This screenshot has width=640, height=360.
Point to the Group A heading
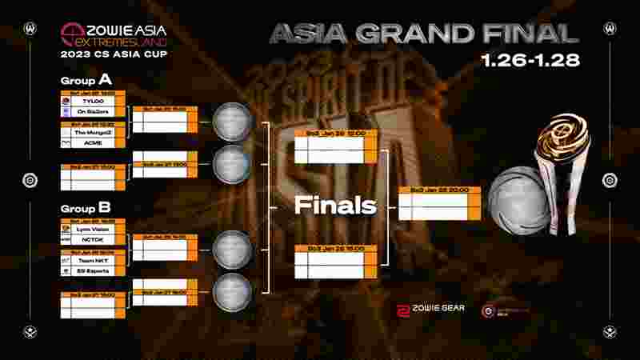pos(86,81)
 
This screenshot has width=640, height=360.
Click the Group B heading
pos(86,208)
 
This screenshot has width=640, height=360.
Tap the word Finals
pos(334,206)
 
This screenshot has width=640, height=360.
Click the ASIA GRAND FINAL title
pos(423,33)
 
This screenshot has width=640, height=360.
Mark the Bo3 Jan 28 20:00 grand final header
pos(438,190)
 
